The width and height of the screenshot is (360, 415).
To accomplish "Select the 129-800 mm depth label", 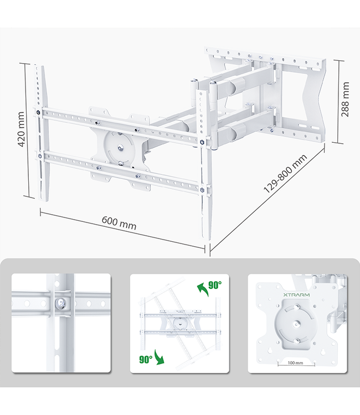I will tap(285, 173).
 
